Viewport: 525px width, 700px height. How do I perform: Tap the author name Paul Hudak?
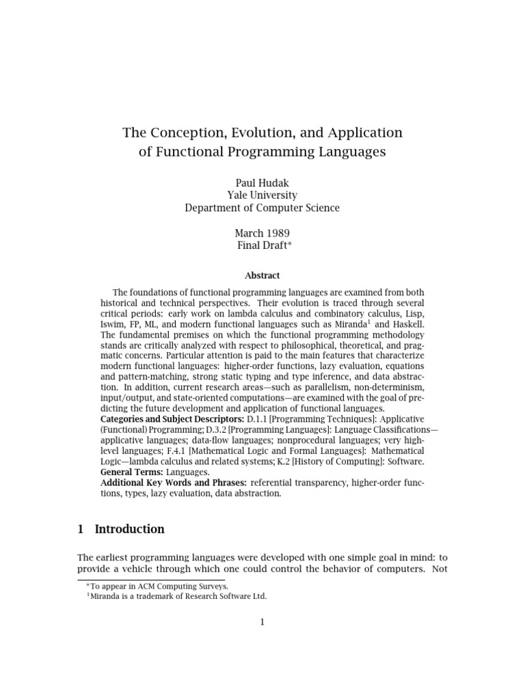(x=262, y=183)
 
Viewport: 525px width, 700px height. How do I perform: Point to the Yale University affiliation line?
(x=262, y=195)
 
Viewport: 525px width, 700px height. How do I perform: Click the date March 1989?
(x=262, y=233)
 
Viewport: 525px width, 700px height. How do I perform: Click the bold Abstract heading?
(x=262, y=275)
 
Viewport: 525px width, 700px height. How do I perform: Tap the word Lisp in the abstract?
(x=413, y=314)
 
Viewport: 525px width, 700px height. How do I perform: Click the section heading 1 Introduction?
(x=121, y=529)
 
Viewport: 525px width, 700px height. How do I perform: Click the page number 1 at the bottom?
(x=262, y=621)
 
